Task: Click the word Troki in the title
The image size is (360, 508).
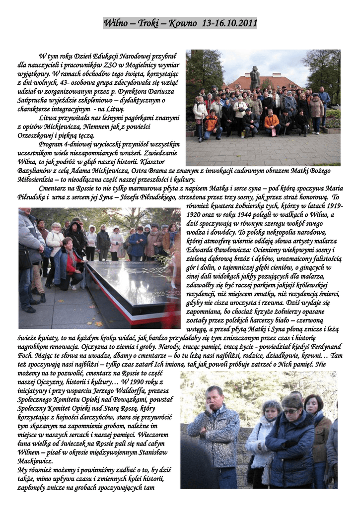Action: click(x=149, y=23)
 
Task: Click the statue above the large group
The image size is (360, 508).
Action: click(x=254, y=77)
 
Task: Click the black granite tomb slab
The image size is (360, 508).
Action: click(x=130, y=285)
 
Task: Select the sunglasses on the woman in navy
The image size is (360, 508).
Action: click(x=290, y=411)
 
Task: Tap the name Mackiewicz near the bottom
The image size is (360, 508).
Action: click(x=35, y=461)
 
